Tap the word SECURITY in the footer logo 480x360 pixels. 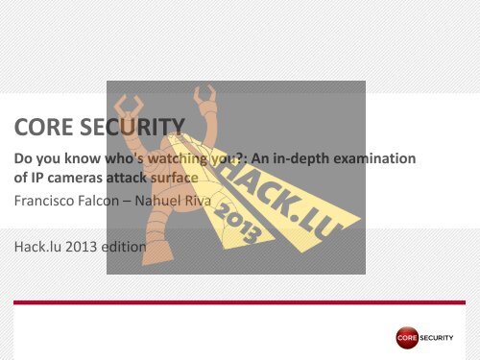[x=443, y=338]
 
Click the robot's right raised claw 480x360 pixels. [x=204, y=97]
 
